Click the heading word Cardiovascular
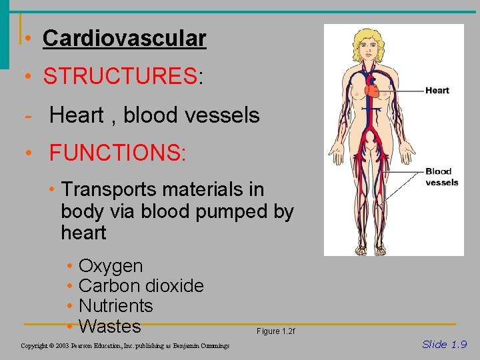(124, 38)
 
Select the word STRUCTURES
(120, 77)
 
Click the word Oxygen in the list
(111, 266)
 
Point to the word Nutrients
(116, 306)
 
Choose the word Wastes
(110, 327)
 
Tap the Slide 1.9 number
(444, 344)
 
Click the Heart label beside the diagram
(437, 91)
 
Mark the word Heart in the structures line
(76, 115)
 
